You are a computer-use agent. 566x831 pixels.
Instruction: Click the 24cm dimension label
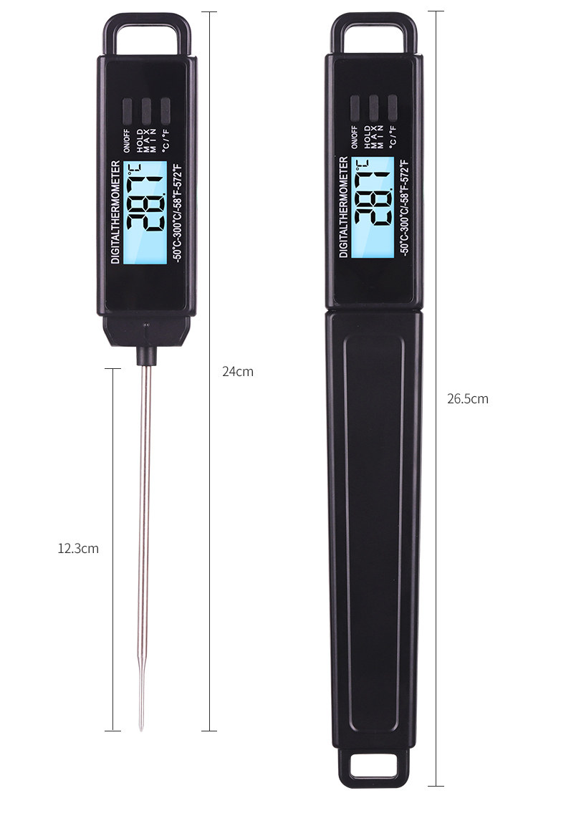click(237, 372)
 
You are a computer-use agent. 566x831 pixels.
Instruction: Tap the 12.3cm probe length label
click(78, 548)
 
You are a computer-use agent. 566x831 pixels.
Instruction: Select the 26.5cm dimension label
click(467, 398)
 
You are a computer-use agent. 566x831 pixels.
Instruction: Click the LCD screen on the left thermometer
click(145, 213)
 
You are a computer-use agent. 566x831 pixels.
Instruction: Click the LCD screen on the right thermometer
click(373, 207)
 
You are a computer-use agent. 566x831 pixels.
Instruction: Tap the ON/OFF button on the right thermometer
click(355, 107)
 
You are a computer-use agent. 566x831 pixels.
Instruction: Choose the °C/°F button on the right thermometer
click(392, 107)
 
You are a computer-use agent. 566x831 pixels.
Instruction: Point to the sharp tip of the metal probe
click(141, 729)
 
